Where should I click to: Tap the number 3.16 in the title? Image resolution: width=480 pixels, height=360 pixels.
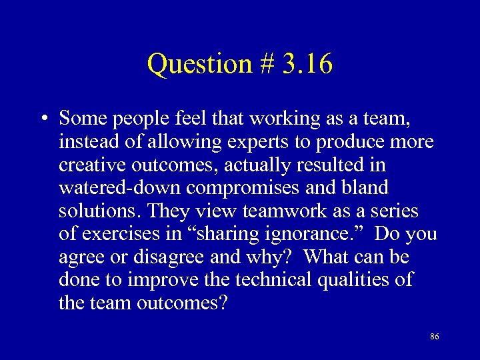coord(306,64)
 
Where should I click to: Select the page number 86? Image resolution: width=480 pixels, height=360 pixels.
coord(434,337)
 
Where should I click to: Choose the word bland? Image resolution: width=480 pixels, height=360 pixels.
coord(367,188)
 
